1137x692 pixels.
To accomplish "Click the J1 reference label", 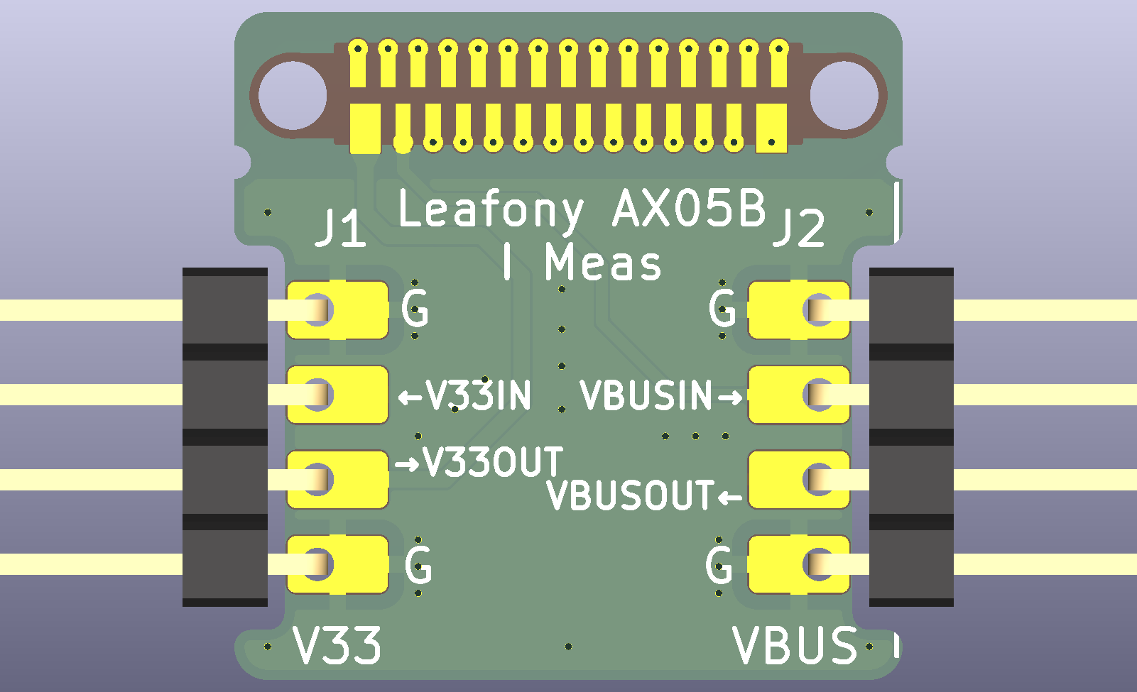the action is click(x=341, y=228).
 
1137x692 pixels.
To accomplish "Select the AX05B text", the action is click(x=689, y=207).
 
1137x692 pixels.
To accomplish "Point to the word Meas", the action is click(x=603, y=262).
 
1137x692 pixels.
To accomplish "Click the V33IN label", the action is click(x=478, y=395).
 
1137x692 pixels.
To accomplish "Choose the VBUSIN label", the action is click(x=646, y=395).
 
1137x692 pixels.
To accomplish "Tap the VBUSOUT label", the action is click(x=631, y=495).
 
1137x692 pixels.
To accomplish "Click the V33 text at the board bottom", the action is click(x=337, y=645).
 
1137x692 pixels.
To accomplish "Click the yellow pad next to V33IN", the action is click(x=337, y=395).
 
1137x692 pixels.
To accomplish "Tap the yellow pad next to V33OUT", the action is click(x=337, y=479).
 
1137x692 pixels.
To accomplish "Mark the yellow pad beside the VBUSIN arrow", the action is click(x=799, y=395).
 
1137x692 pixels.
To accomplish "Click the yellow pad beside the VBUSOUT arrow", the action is click(x=799, y=479).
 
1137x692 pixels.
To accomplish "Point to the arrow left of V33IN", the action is click(x=410, y=397).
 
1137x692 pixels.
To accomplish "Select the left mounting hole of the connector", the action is click(x=293, y=95).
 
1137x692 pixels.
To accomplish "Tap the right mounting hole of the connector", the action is click(x=844, y=95).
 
